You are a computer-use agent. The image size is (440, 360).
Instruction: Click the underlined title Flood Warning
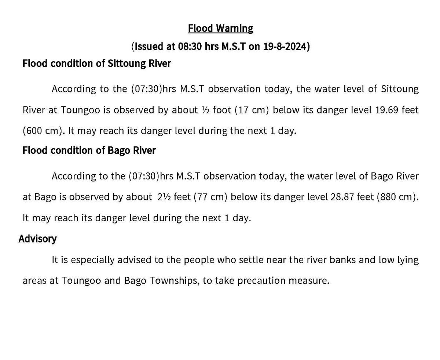tap(220, 28)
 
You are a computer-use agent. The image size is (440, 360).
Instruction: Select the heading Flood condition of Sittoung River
tap(96, 63)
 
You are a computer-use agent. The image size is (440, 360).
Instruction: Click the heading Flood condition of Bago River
tap(89, 150)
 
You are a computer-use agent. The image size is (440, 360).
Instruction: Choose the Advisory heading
tap(37, 239)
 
